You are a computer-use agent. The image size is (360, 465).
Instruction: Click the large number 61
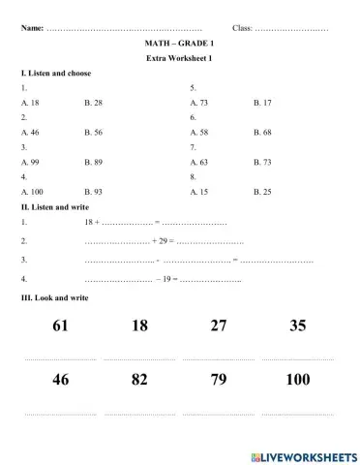pos(61,325)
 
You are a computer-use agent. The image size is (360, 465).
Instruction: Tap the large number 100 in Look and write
pos(298,380)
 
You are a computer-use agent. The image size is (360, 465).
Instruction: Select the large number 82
pos(140,380)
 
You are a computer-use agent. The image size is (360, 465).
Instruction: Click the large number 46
pos(61,380)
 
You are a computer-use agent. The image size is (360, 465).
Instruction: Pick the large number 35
pos(298,325)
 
